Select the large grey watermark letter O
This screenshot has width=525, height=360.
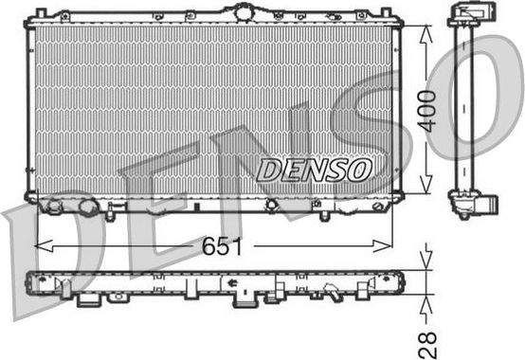(x=474, y=95)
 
